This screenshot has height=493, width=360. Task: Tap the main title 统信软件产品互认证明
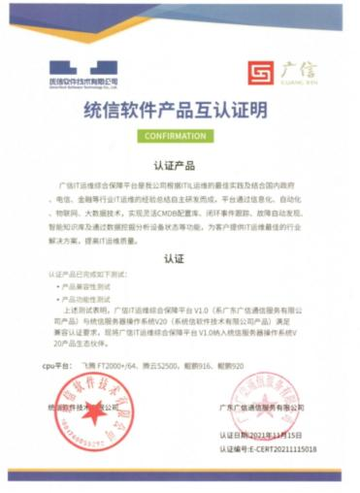[180, 111]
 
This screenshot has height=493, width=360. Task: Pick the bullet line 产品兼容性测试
[88, 288]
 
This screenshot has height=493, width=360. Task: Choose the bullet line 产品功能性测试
[88, 300]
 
